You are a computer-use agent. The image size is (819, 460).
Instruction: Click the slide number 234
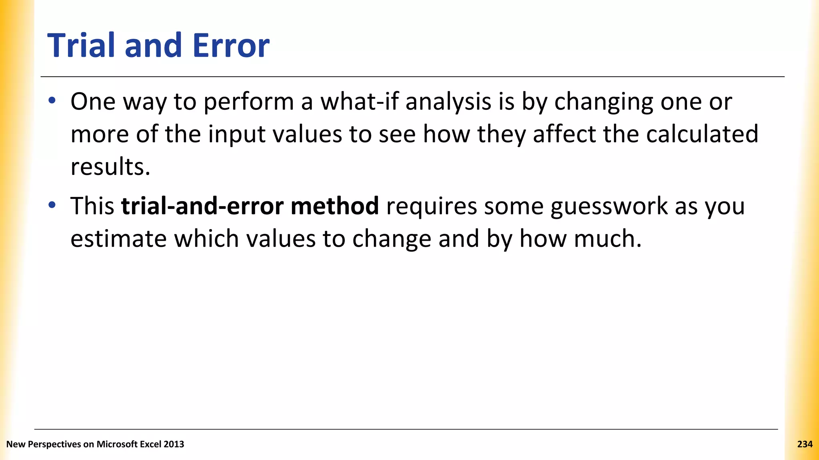pos(805,444)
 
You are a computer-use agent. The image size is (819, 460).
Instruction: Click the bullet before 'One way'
pos(52,101)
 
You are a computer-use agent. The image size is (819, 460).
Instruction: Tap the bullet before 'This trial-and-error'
pos(52,206)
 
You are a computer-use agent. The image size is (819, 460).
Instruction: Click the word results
pos(110,167)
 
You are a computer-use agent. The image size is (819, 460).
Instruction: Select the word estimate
pos(118,239)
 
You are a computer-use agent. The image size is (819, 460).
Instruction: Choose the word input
pos(237,135)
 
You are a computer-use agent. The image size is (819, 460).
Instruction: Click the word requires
pos(431,207)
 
